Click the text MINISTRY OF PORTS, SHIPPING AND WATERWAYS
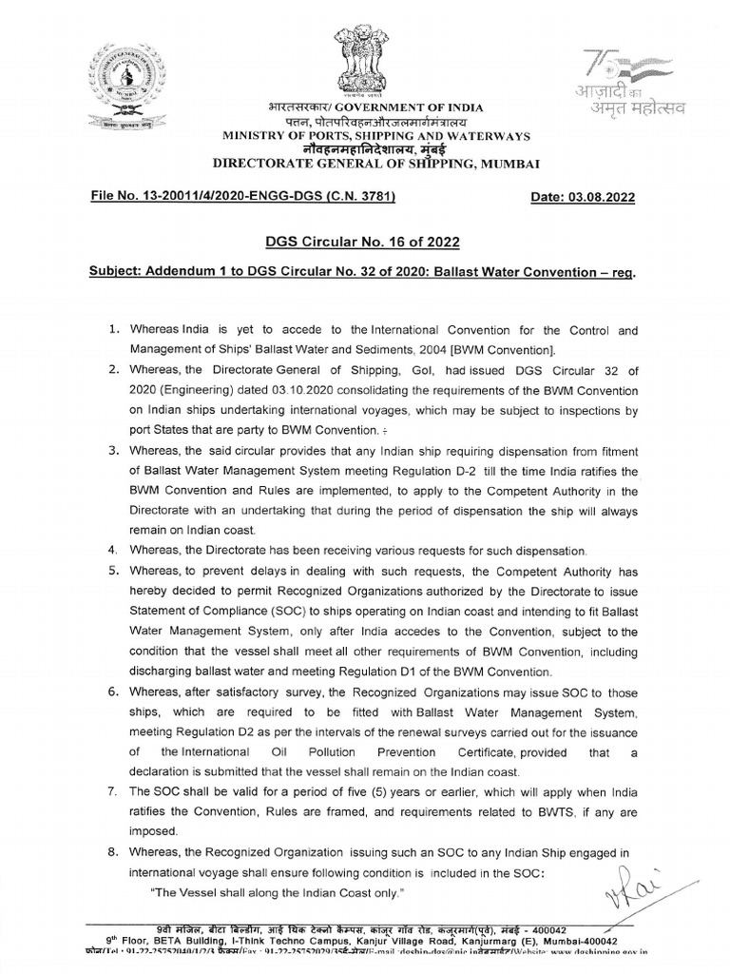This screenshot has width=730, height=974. point(366,136)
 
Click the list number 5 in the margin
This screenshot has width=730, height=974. point(111,569)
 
